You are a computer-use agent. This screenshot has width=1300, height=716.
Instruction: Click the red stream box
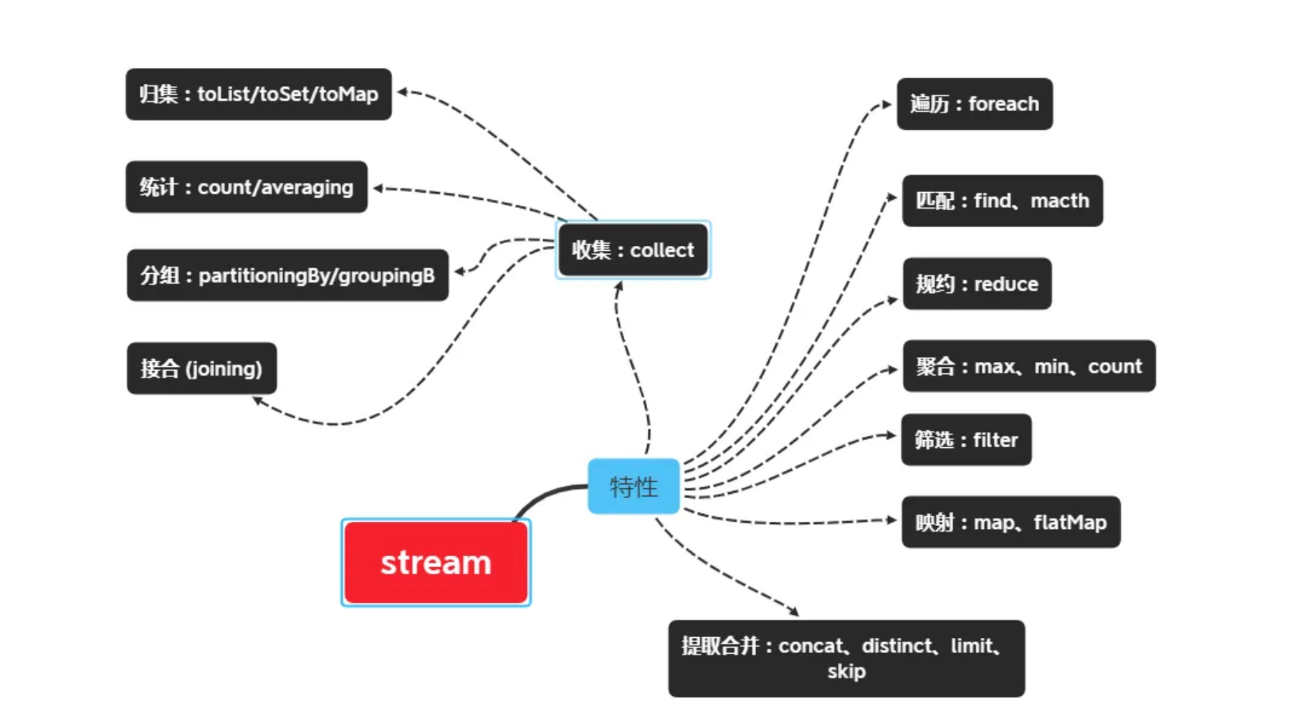point(436,563)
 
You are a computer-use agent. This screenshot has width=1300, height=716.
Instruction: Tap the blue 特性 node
point(634,487)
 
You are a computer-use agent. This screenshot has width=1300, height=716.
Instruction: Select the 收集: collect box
point(633,249)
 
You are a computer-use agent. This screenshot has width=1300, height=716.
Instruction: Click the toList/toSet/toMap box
point(259,94)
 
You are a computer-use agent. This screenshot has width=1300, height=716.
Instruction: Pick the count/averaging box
point(247,187)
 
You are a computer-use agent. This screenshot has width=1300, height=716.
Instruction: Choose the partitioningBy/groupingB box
point(287,275)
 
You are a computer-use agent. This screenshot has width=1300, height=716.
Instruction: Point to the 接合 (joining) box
point(201,368)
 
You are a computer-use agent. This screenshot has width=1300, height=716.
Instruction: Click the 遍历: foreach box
point(975,104)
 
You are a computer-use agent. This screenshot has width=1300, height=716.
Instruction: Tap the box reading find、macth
point(1002,201)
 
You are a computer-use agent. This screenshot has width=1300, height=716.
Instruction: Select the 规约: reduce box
point(977,284)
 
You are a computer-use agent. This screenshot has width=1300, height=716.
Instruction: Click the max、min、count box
point(1028,366)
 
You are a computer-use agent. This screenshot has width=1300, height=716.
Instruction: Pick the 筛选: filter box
point(966,439)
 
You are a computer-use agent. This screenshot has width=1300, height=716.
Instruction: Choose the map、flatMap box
point(1010,522)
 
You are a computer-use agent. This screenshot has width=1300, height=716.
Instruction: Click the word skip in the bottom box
point(846,672)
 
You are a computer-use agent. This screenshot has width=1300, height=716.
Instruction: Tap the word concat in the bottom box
point(811,646)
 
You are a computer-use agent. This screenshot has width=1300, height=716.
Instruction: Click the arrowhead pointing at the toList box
point(402,92)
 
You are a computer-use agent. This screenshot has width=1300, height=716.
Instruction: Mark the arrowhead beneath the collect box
point(619,285)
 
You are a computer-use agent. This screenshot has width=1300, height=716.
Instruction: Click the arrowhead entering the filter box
point(892,435)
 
